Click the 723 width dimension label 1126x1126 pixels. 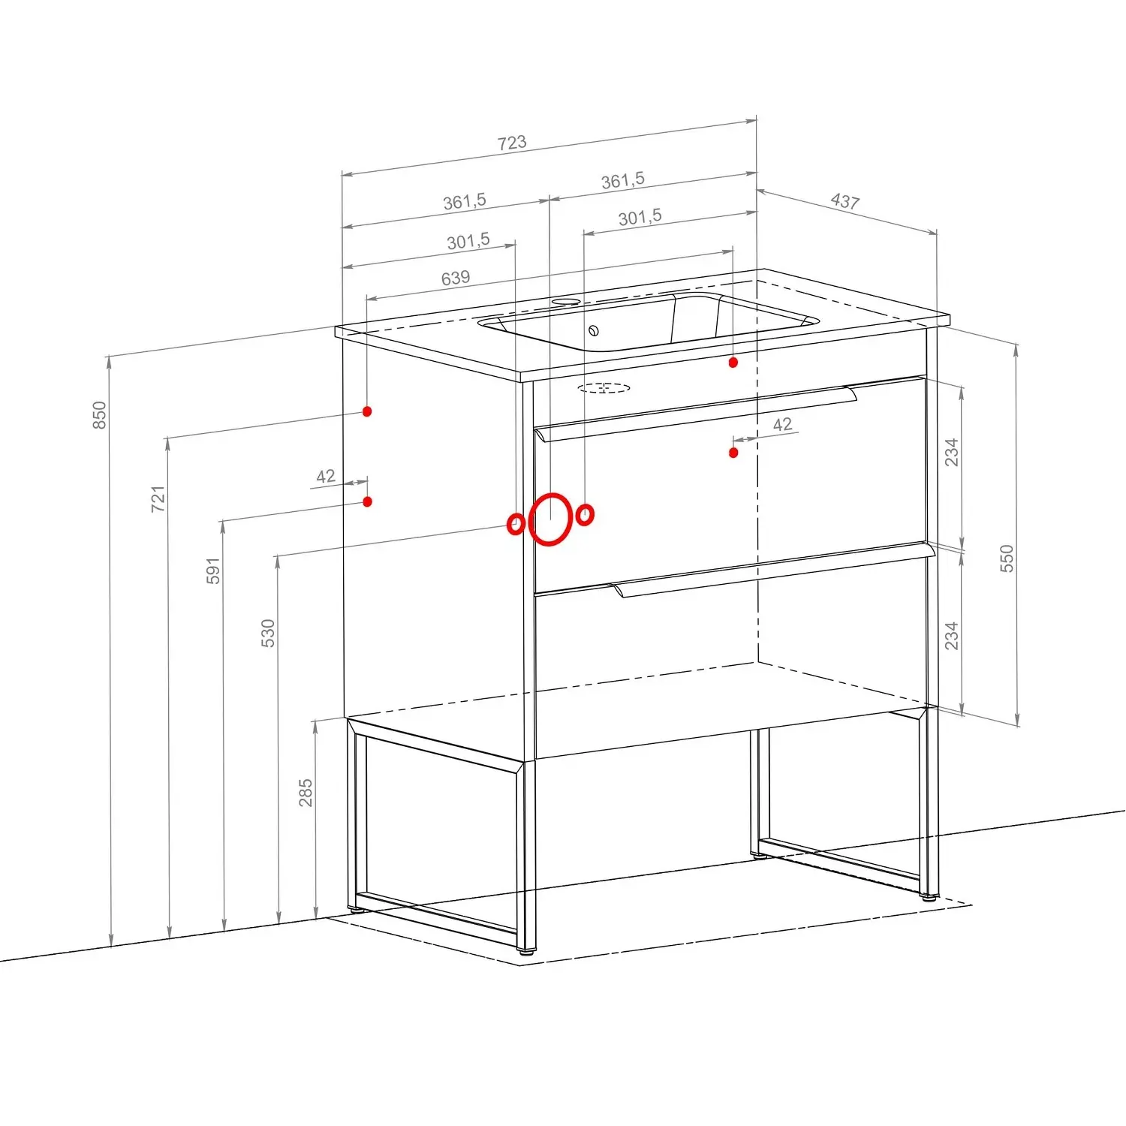pos(512,143)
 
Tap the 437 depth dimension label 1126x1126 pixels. pos(845,200)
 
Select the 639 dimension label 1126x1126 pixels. pos(456,278)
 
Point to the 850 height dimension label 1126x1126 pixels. pos(99,415)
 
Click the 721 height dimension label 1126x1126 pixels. pos(158,499)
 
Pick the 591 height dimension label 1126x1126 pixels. pos(213,571)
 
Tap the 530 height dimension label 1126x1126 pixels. pos(268,634)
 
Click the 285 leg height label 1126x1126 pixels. pos(306,793)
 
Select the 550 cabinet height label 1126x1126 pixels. pos(1007,558)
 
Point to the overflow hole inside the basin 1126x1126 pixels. pos(594,330)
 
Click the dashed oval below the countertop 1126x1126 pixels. pos(604,388)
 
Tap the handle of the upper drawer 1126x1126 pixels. pos(697,414)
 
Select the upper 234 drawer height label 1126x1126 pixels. pos(951,453)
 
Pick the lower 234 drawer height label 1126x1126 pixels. pos(951,636)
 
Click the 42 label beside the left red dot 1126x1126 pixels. pos(326,477)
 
